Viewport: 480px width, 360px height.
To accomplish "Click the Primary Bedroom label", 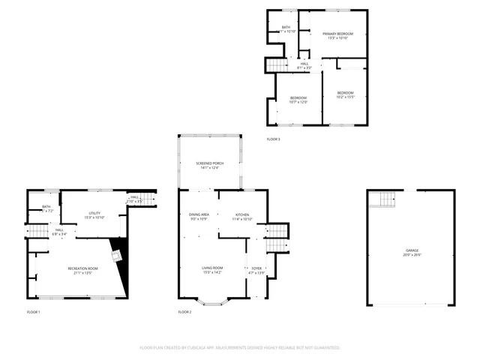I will point(337,36).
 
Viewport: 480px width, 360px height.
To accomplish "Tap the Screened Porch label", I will point(209,165).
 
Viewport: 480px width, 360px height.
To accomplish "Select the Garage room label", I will point(412,252).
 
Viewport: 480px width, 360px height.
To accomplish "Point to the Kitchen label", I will point(242,217).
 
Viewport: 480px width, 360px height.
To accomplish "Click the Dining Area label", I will point(199,217).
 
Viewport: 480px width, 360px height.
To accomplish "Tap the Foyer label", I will point(256,270).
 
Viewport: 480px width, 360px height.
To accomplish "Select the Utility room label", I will point(94,215).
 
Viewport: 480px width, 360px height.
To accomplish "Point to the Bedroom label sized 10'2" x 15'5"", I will point(345,94).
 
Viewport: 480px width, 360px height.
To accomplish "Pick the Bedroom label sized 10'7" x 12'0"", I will point(298,100).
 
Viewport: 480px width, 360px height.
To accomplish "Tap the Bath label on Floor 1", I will point(46,208).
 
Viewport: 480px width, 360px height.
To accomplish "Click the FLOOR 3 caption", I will point(274,139).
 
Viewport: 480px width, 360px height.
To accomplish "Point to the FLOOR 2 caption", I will point(184,311).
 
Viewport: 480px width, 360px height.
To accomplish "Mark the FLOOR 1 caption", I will point(34,311).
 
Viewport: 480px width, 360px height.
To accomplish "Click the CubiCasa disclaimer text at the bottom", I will point(240,348).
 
